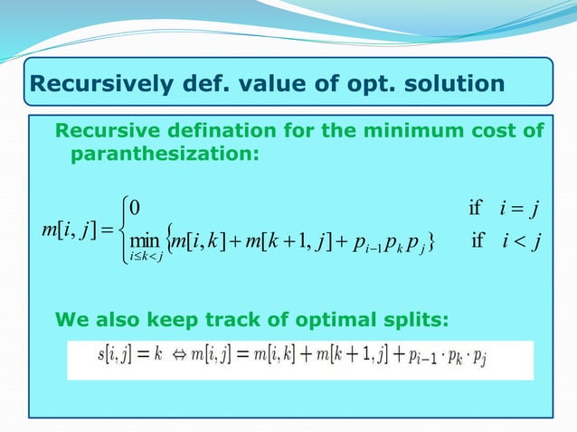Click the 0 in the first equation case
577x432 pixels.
tap(135, 207)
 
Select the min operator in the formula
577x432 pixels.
tap(144, 241)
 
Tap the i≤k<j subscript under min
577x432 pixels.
tap(145, 261)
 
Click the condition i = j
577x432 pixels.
tap(518, 207)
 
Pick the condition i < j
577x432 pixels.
tap(518, 241)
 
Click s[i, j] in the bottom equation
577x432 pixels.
tap(117, 360)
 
